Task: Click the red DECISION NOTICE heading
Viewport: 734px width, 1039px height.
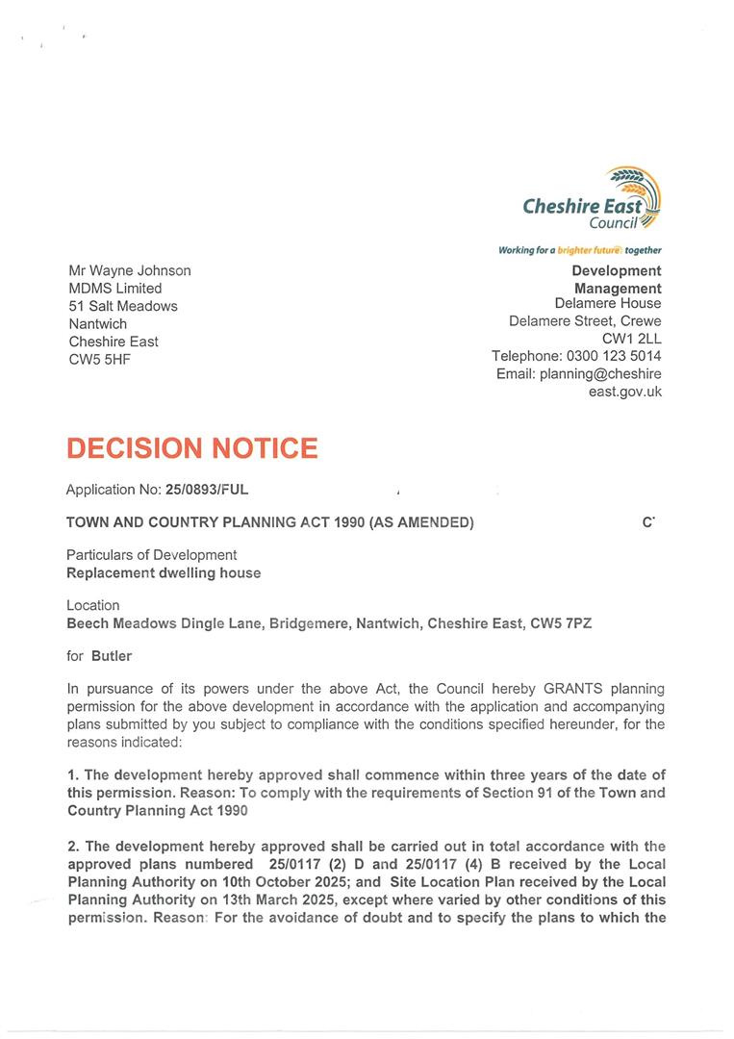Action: [191, 448]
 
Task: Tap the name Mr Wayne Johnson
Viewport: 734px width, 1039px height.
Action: [130, 270]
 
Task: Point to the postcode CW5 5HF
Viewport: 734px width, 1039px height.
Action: [99, 359]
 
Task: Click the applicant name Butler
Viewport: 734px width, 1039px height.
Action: [112, 656]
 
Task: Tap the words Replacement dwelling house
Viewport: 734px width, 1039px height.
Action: [164, 573]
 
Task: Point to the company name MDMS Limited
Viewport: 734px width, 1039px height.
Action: [115, 288]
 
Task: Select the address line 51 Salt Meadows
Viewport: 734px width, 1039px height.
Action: [123, 306]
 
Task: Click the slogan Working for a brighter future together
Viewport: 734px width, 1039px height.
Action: [579, 250]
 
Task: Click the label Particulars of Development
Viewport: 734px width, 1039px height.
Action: [151, 555]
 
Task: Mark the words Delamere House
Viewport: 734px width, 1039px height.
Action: [608, 304]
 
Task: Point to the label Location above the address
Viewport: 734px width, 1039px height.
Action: [93, 606]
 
